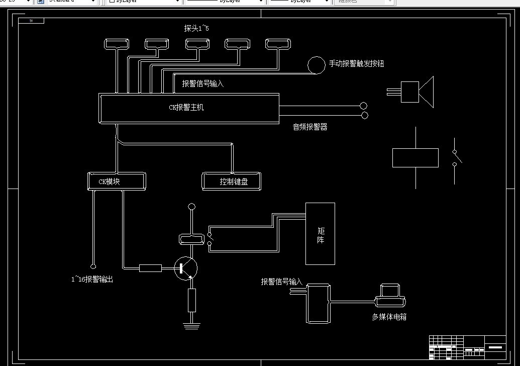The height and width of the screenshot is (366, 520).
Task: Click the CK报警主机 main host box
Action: tap(189, 108)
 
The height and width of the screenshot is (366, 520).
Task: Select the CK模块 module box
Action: tap(117, 181)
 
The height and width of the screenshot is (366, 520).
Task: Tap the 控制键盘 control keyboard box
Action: tap(232, 181)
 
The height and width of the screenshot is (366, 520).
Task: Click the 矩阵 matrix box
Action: tap(321, 234)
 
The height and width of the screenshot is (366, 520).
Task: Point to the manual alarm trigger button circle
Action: tap(316, 65)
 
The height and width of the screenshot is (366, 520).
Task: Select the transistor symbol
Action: tap(185, 268)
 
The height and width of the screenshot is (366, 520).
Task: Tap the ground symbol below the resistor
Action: tap(191, 325)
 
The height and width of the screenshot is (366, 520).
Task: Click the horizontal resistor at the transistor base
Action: tap(150, 268)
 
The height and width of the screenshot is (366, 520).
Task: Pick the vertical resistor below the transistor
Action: tap(191, 300)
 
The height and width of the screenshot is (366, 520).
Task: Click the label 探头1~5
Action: tap(196, 29)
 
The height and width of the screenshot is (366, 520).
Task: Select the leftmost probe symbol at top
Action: tap(117, 44)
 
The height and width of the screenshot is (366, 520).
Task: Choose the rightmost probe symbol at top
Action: tap(278, 44)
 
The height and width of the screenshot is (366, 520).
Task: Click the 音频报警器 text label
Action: tap(310, 127)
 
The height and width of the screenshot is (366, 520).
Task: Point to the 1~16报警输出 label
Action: tap(92, 279)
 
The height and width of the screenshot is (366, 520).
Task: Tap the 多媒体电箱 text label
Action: tap(389, 317)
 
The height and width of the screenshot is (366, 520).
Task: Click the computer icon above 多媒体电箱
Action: tap(390, 297)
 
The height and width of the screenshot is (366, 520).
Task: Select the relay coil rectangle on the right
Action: tap(415, 158)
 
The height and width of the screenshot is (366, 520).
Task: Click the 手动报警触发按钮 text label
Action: tap(356, 64)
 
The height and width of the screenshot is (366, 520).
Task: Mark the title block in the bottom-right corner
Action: tap(467, 347)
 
